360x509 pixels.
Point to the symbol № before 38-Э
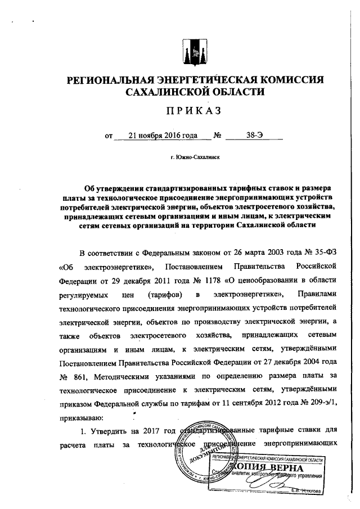click(x=218, y=136)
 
